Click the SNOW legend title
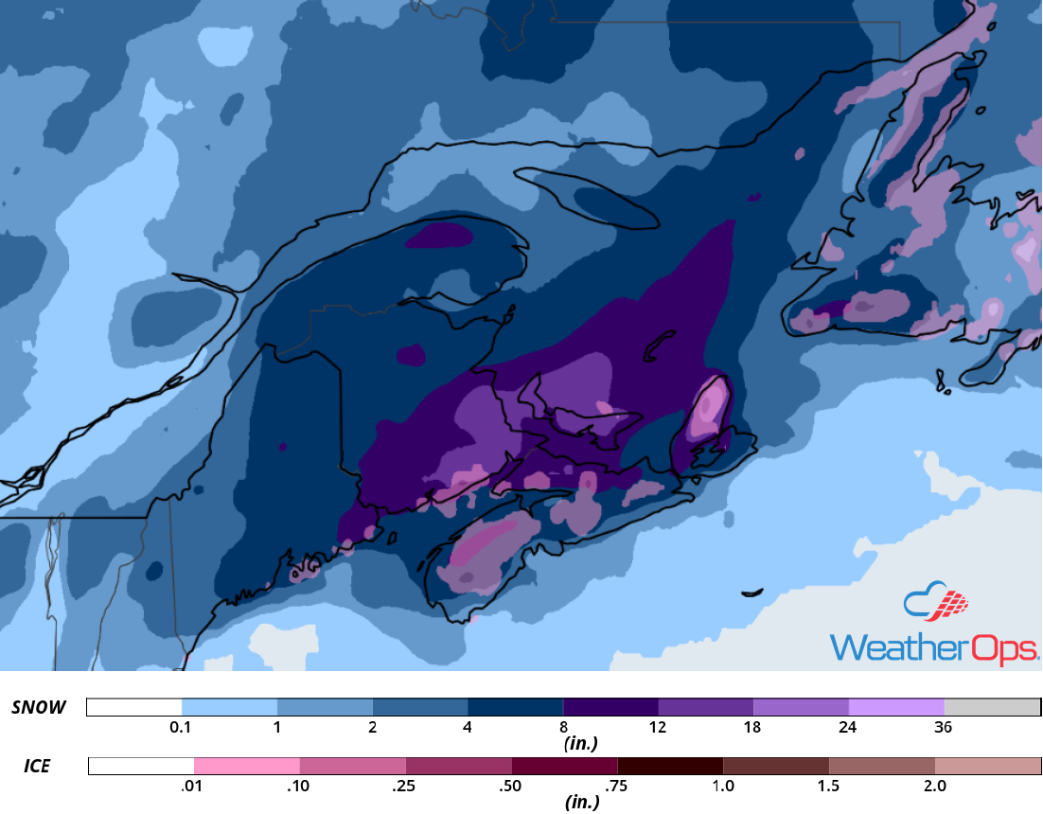coord(39,708)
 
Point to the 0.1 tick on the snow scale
coord(181,728)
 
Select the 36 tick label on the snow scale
coord(943,728)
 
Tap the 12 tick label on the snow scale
coord(658,728)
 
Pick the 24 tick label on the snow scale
coord(848,728)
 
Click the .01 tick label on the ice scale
coord(193,786)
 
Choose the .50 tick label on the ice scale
coord(511,786)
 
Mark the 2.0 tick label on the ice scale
coord(934,786)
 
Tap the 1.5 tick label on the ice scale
coord(828,786)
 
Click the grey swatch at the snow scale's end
coord(992,707)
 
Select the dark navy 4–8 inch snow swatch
coord(516,707)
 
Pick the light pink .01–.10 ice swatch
coord(247,766)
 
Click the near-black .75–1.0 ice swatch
coord(670,766)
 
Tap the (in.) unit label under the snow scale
coord(579,744)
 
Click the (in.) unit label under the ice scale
coord(579,803)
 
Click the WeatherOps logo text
coord(933,647)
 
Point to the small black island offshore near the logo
coord(751,593)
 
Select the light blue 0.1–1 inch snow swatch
coord(229,707)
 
